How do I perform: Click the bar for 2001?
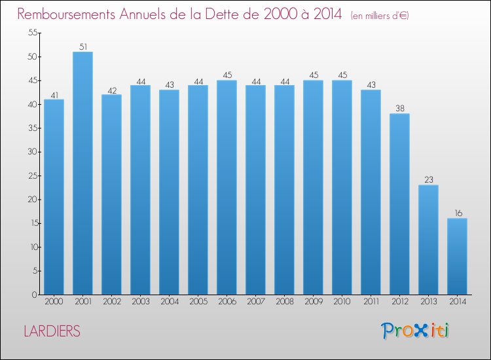(x=82, y=173)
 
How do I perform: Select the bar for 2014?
(x=457, y=257)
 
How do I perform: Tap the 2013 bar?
(x=428, y=240)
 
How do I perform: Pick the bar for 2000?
(x=54, y=197)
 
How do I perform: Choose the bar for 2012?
(x=399, y=204)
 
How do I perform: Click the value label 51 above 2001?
(x=82, y=46)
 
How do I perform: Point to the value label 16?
(x=457, y=213)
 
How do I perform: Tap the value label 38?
(x=399, y=108)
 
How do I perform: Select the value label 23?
(x=428, y=179)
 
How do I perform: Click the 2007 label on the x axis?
(x=255, y=302)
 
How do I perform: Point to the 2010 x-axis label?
(x=342, y=302)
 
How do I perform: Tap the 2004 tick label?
(x=169, y=302)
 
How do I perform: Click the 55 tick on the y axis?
(x=31, y=33)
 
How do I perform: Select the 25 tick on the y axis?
(x=31, y=175)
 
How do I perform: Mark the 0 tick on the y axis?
(x=33, y=295)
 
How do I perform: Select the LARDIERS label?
(x=52, y=331)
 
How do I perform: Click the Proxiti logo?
(x=414, y=331)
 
